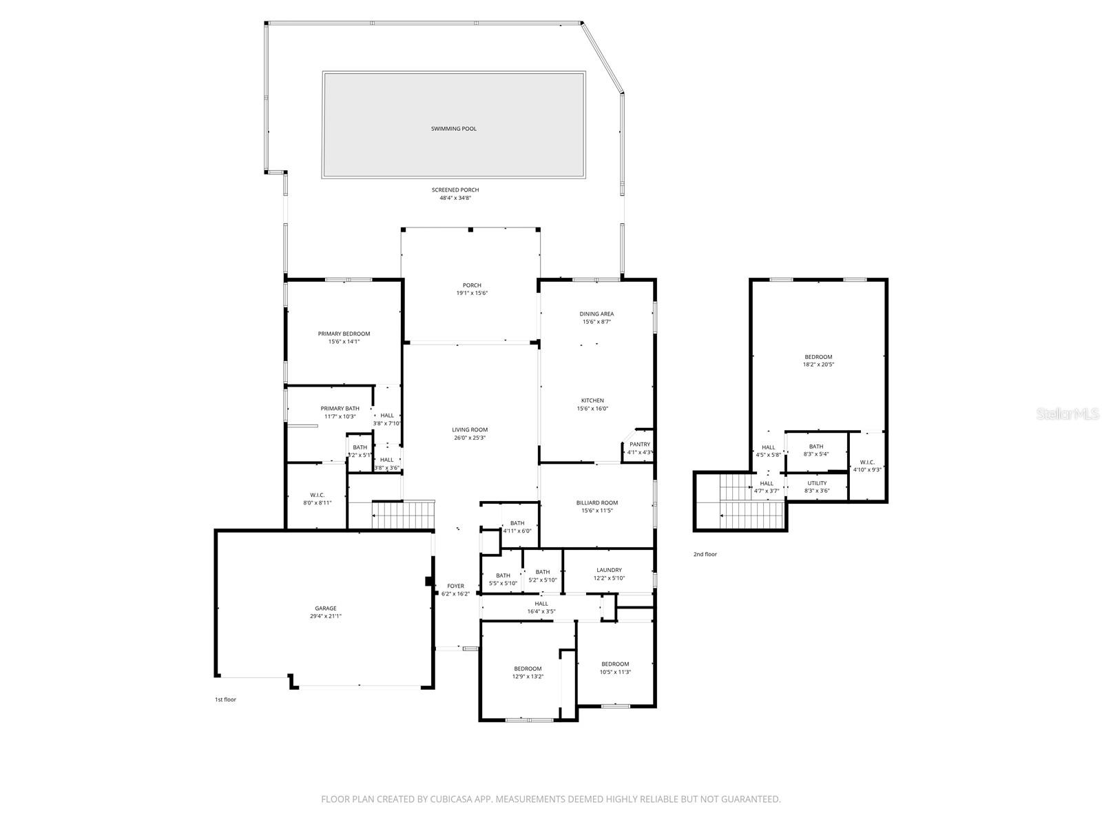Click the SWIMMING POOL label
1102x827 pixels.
pos(453,129)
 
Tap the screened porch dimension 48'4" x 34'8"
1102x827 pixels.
pos(455,198)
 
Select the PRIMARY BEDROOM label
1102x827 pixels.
pos(344,334)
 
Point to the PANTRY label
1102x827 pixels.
pos(639,445)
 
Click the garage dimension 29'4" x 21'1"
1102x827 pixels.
pos(326,616)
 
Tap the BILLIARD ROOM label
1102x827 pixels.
pos(597,503)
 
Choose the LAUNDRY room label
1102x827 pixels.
pos(609,570)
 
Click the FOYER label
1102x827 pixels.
pos(455,586)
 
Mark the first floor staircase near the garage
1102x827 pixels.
pos(404,515)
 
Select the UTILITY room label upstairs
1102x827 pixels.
pos(817,483)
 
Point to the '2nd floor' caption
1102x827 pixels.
pos(705,554)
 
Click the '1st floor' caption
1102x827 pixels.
pos(225,700)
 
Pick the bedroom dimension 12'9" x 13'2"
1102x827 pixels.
pos(528,676)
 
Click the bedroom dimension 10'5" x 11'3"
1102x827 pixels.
pos(615,672)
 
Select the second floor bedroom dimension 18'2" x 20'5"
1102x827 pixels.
pos(818,365)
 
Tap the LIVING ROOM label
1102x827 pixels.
pos(470,430)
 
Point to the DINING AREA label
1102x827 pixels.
pos(596,314)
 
